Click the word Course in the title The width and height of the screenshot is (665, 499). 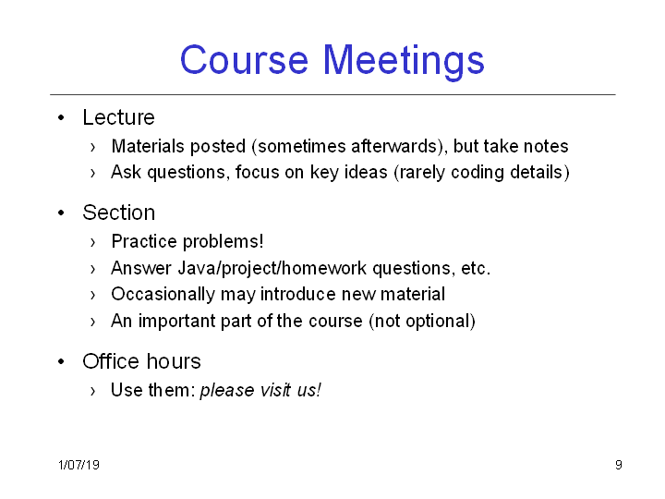(244, 60)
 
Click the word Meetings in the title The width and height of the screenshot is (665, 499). (404, 62)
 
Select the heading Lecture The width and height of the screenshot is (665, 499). (119, 117)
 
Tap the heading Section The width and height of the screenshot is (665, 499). (119, 213)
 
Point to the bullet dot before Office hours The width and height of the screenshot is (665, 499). (62, 361)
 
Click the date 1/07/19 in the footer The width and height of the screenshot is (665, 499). (79, 465)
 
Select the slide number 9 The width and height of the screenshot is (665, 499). (619, 465)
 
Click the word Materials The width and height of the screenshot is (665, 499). (149, 146)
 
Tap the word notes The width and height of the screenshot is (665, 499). (546, 146)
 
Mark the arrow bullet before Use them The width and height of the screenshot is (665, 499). (93, 391)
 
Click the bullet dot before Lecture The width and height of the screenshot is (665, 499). (62, 117)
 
